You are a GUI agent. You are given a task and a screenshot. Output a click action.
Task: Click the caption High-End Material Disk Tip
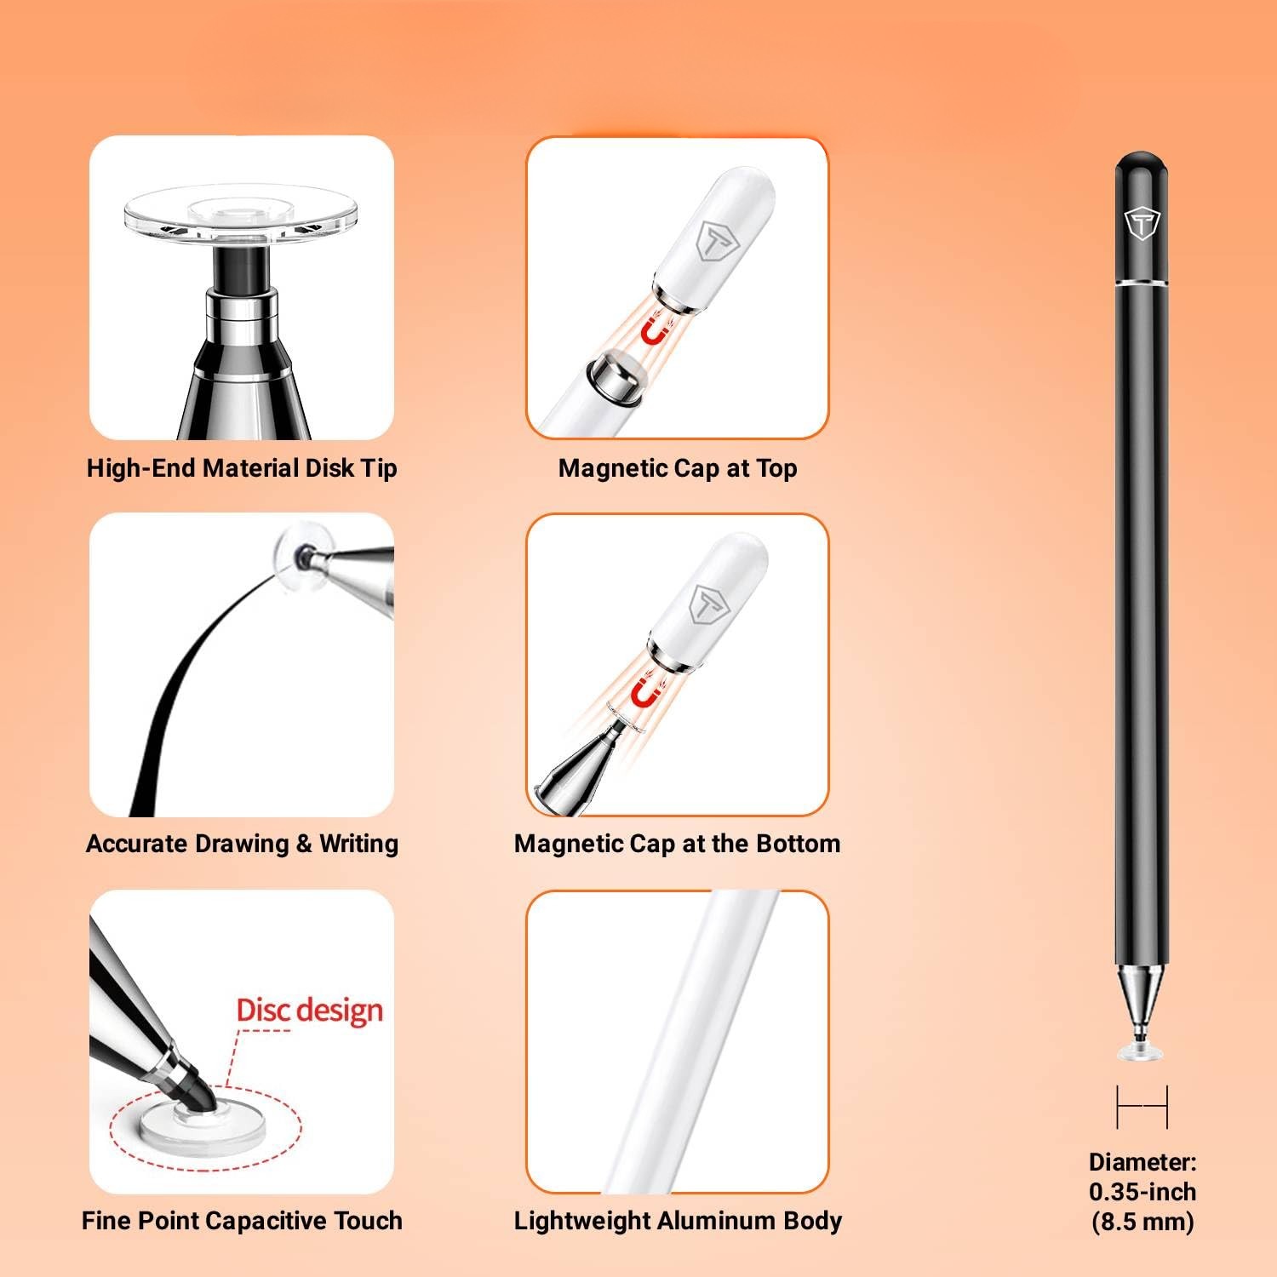(x=242, y=468)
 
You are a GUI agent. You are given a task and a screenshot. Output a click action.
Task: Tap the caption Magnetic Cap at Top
(x=678, y=468)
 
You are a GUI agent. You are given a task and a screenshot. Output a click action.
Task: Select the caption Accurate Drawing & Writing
(x=242, y=844)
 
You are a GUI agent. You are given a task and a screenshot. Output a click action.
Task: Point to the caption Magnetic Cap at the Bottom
(x=678, y=844)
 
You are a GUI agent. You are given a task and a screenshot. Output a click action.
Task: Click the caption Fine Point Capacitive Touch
(x=242, y=1221)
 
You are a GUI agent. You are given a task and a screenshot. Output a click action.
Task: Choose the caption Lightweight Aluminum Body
(x=678, y=1221)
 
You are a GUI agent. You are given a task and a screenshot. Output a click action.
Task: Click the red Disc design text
(x=310, y=1011)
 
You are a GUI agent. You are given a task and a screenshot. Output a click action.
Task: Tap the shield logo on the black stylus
(x=1142, y=224)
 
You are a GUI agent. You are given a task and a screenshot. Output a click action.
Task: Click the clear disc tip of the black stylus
(x=1141, y=1052)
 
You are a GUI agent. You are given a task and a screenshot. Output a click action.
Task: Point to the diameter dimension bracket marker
(x=1142, y=1106)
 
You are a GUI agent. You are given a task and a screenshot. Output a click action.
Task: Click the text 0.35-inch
(x=1142, y=1192)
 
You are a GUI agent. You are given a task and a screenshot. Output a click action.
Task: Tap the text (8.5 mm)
(x=1142, y=1223)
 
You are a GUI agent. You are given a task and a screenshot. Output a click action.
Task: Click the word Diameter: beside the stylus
(x=1142, y=1162)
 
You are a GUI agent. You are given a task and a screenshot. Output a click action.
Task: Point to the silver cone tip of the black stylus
(x=1141, y=1005)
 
